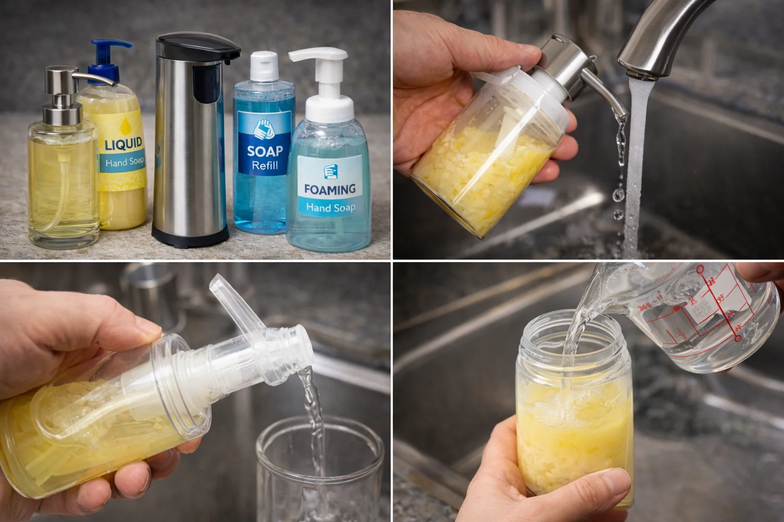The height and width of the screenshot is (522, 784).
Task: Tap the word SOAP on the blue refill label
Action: (265, 151)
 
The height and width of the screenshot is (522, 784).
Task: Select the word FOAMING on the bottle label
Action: (329, 189)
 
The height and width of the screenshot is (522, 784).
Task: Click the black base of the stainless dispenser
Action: (190, 236)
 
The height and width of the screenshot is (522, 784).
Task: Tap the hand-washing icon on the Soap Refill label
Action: (264, 129)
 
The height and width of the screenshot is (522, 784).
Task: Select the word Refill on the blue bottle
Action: (265, 166)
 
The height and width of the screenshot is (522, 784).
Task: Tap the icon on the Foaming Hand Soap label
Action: (329, 171)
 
